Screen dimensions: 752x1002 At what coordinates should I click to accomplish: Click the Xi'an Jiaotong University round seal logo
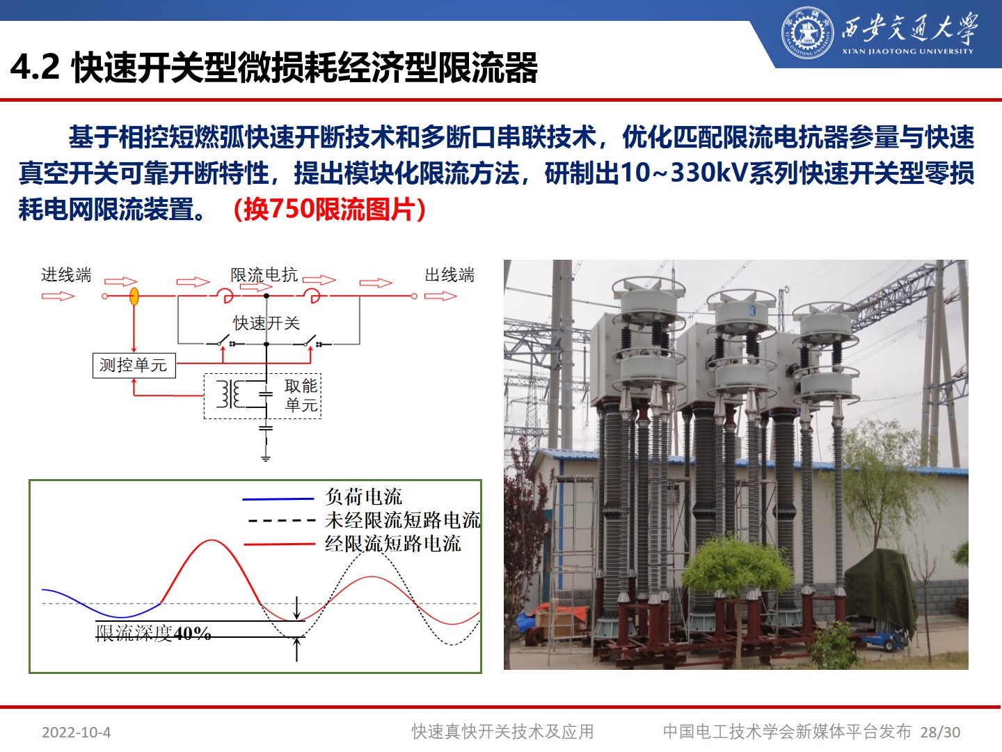pyautogui.click(x=807, y=33)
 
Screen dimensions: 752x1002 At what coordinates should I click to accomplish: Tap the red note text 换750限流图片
pyautogui.click(x=329, y=209)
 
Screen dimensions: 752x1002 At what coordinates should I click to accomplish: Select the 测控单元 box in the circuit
pyautogui.click(x=134, y=365)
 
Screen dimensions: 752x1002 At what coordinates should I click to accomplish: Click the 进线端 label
pyautogui.click(x=66, y=275)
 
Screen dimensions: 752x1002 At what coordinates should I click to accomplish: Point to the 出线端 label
pyautogui.click(x=450, y=275)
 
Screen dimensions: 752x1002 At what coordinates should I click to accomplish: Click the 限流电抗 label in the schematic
pyautogui.click(x=264, y=275)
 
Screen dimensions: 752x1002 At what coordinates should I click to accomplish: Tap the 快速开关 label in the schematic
pyautogui.click(x=266, y=322)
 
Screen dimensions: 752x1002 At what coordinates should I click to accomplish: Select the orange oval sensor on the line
pyautogui.click(x=134, y=297)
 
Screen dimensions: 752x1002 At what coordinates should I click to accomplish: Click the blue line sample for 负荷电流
pyautogui.click(x=278, y=499)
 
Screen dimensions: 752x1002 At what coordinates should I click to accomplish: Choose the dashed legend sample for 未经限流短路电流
pyautogui.click(x=281, y=520)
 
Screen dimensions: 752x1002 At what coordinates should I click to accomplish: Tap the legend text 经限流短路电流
pyautogui.click(x=392, y=544)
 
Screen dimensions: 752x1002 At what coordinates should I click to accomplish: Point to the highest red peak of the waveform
pyautogui.click(x=211, y=541)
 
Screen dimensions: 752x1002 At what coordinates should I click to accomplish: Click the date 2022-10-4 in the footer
pyautogui.click(x=76, y=732)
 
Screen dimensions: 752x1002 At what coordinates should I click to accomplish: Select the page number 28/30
pyautogui.click(x=940, y=732)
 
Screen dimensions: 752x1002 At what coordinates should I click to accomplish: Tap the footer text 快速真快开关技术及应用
pyautogui.click(x=502, y=732)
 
